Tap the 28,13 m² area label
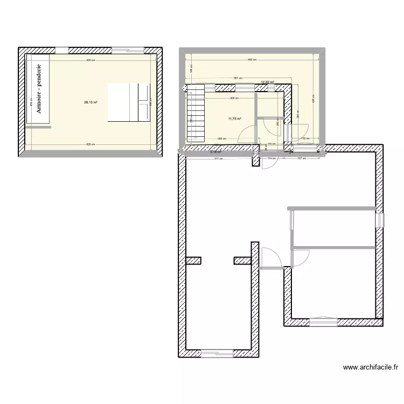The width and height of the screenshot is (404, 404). point(90,101)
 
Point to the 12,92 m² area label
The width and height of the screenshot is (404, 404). point(268,82)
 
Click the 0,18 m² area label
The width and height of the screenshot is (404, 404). point(215,151)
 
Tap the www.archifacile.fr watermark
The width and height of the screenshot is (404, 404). point(371,368)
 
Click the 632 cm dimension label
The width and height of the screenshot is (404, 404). point(251,60)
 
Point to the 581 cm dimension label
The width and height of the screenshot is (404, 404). point(237,78)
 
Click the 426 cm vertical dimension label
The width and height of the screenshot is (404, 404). point(313,99)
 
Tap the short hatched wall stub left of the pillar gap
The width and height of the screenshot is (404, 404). point(193,261)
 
